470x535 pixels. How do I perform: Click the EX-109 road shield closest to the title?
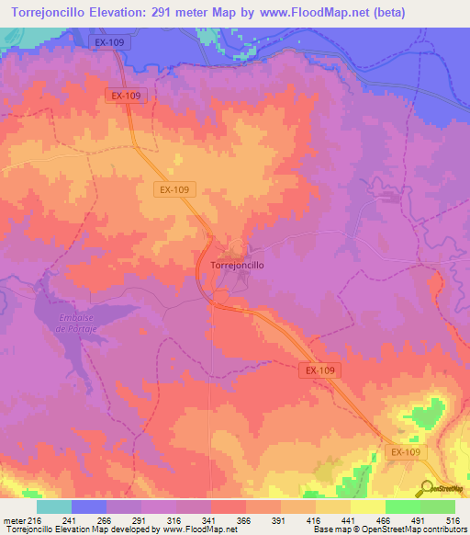[111, 43]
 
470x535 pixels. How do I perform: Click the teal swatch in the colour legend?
[53, 507]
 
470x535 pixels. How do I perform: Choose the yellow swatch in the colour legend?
[367, 507]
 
